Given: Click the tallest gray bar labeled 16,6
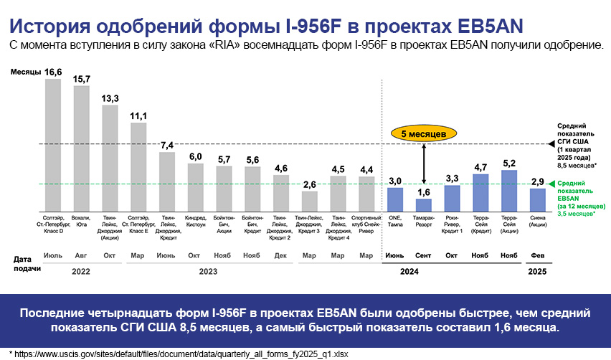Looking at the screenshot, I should (x=53, y=143).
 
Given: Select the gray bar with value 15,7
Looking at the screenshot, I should (x=82, y=148).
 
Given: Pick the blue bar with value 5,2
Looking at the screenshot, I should (x=509, y=190).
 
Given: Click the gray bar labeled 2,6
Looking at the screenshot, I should (x=309, y=201).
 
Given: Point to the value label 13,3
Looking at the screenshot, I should (x=110, y=98).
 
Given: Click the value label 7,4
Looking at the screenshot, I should (x=167, y=146).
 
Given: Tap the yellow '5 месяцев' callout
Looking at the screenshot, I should (x=424, y=133).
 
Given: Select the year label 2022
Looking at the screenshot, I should (x=81, y=272).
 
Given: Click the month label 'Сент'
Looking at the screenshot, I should (x=423, y=255).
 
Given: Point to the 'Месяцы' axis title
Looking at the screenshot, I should (x=25, y=73).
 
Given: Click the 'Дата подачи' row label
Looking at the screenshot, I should (x=24, y=262).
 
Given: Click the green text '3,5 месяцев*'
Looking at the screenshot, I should (x=575, y=214).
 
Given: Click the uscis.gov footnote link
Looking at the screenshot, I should (x=179, y=354).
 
